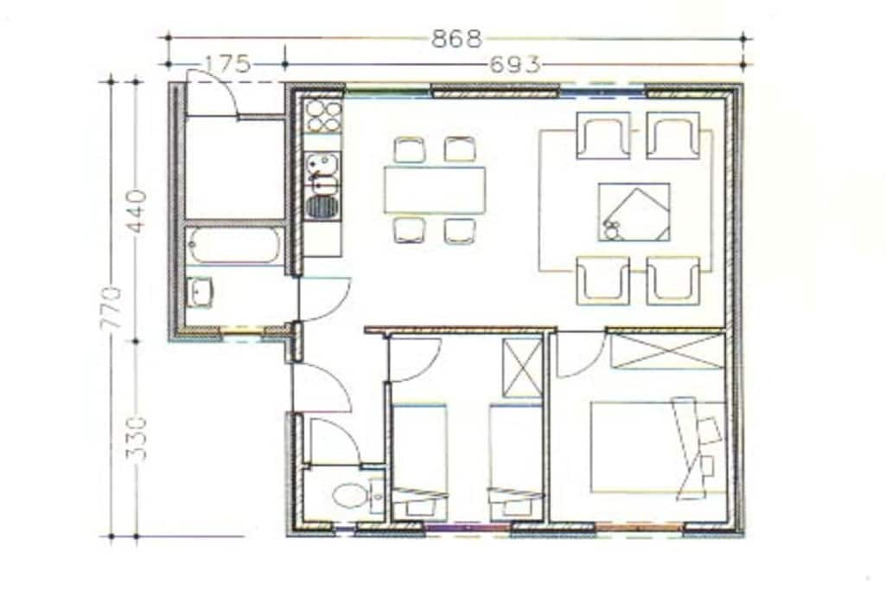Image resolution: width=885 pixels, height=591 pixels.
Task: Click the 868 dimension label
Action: [456, 38]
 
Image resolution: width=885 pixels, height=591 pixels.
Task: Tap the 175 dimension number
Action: [227, 64]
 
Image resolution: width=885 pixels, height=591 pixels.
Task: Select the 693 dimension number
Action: [515, 65]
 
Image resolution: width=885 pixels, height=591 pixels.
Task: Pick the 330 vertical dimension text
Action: [137, 439]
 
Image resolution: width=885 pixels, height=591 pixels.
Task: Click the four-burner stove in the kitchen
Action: [323, 117]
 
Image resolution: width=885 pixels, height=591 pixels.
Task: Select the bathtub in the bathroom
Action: [233, 246]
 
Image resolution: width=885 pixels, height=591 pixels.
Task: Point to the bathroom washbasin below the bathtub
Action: [200, 292]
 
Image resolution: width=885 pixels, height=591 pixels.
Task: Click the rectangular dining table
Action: [435, 190]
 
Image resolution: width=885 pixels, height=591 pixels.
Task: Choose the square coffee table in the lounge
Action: [634, 212]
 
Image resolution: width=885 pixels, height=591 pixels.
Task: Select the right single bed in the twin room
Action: [517, 462]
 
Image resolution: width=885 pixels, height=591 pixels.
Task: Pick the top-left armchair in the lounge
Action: [603, 136]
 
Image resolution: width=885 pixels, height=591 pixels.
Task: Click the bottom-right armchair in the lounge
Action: [673, 281]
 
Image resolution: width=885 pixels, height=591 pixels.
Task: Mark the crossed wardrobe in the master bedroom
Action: [668, 351]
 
